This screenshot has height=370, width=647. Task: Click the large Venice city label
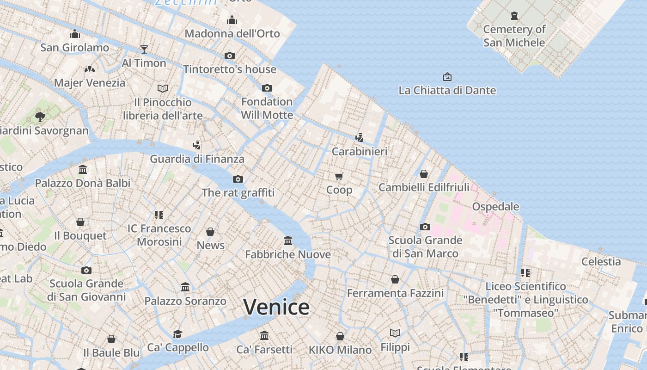tap(276, 307)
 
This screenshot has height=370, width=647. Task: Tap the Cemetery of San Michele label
tap(514, 36)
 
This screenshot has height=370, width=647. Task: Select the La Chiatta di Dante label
tap(447, 90)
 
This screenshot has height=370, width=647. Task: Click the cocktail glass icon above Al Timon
tap(144, 49)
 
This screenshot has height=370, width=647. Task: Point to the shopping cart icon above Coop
tap(339, 176)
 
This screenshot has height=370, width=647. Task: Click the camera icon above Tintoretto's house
tap(229, 56)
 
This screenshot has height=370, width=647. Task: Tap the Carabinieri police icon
tap(359, 137)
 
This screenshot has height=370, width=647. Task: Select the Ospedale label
tap(495, 206)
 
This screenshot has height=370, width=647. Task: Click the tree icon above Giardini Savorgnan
tap(40, 117)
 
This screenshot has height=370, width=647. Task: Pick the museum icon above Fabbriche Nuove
tap(288, 240)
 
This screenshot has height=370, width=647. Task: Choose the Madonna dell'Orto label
tap(232, 34)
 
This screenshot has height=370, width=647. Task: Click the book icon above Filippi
tap(395, 333)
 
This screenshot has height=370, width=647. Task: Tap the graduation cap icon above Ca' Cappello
tap(177, 334)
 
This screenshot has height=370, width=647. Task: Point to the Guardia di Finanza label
tap(197, 159)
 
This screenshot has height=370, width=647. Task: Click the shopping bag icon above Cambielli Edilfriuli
tap(423, 174)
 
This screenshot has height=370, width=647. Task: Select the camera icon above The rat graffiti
tap(238, 179)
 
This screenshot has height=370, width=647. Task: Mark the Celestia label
tap(601, 261)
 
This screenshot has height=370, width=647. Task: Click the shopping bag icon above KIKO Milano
tap(340, 336)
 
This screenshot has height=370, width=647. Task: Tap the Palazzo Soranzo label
tap(185, 301)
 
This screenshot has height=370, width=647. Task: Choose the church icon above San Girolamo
tap(75, 34)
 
